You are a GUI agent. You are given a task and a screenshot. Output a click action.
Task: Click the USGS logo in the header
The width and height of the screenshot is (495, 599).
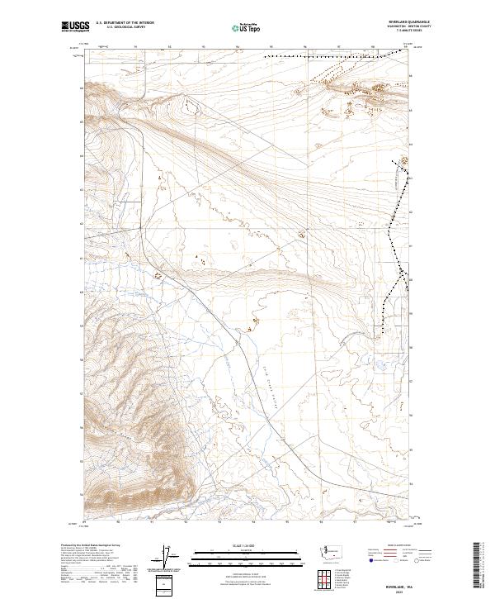[x=76, y=26]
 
